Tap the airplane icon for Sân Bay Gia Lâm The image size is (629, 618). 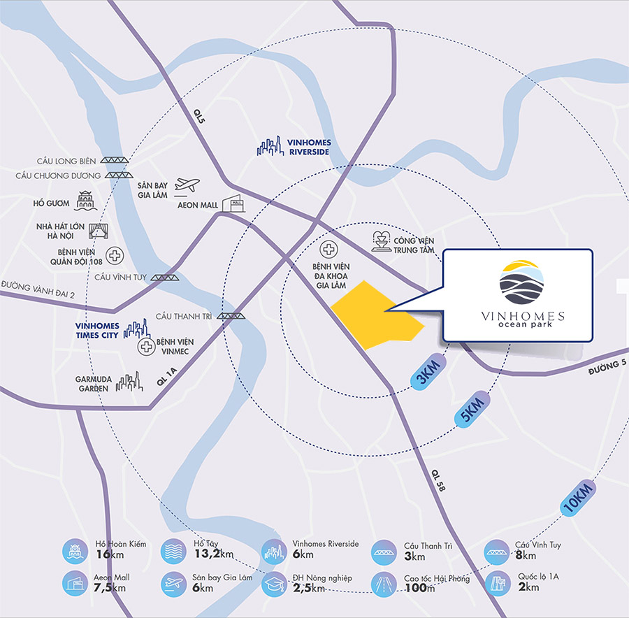pos(187,185)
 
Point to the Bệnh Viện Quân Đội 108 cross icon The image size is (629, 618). pos(114,254)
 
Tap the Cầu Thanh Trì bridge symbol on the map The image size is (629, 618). pos(232,316)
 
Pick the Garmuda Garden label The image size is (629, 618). pos(93,383)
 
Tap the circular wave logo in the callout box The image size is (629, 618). pos(520,281)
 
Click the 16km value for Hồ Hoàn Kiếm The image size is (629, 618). pos(104,554)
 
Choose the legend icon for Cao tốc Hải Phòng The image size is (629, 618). pos(383,583)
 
